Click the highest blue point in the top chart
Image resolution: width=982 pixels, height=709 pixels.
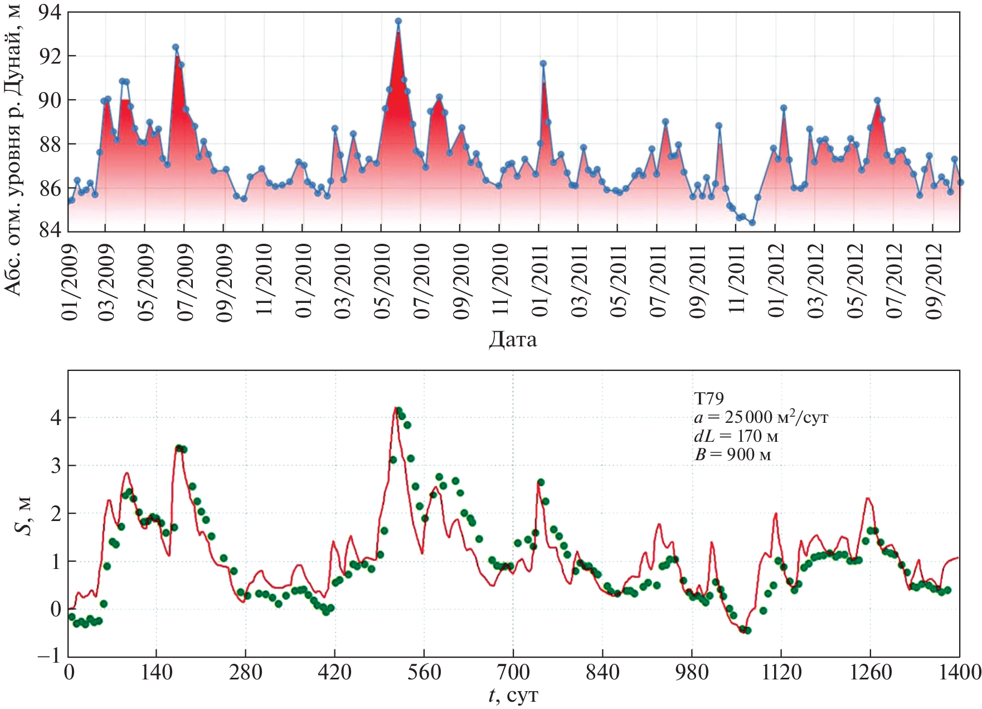coord(398,21)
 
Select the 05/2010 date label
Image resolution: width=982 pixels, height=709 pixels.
coord(382,281)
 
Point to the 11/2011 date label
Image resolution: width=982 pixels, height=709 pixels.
coord(737,281)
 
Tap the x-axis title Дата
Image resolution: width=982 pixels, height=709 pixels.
coord(513,339)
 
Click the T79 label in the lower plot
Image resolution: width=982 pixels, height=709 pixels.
coord(709,398)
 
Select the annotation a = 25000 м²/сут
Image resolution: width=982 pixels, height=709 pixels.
coord(761,417)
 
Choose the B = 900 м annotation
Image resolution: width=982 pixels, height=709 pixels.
coord(732,454)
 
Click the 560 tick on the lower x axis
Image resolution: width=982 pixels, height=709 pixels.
coord(424,672)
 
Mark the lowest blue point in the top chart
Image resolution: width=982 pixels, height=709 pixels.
coord(752,223)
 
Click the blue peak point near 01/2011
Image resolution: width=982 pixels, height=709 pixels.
coord(543,64)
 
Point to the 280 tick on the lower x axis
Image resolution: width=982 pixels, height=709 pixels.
coord(245,672)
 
